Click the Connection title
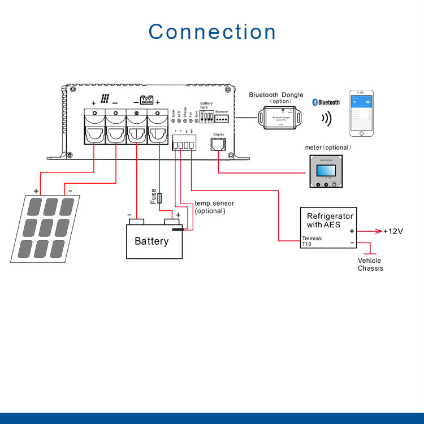point(212,32)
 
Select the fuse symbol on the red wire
point(160,198)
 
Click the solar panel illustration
point(45,228)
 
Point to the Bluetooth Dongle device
point(276,117)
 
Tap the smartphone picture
point(362,113)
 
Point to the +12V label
point(393,231)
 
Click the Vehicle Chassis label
point(370,264)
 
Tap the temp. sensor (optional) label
point(214,207)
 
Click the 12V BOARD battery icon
point(146,99)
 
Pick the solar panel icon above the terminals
point(105,98)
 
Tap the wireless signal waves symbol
point(326,119)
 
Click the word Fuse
point(153,196)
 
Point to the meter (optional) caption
point(328,148)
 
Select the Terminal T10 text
point(312,242)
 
